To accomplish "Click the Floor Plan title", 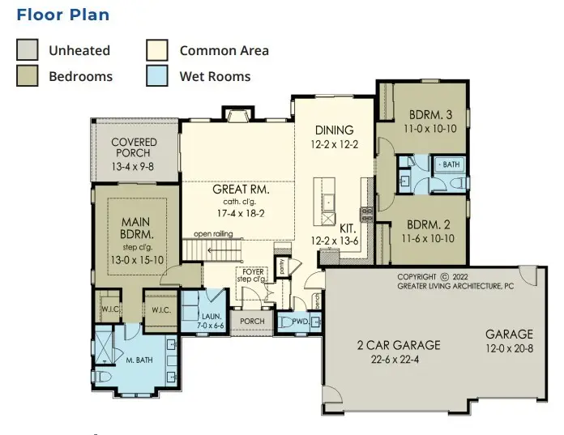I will pos(62,15).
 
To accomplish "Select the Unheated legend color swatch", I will pos(28,50).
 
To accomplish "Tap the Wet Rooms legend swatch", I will pos(157,77).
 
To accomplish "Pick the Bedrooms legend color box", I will pos(28,77).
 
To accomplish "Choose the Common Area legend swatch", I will pos(157,50).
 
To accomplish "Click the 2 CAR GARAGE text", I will pos(399,345).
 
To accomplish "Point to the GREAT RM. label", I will pos(241,190).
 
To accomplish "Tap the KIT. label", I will pos(348,228).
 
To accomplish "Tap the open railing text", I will pos(213,234).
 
